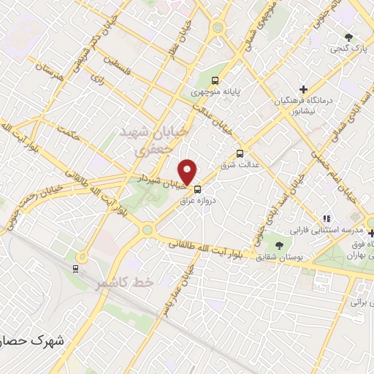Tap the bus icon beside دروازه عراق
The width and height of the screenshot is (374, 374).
(197, 188)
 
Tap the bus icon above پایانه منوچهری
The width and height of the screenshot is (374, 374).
(214, 80)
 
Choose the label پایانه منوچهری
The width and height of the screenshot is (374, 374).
(215, 92)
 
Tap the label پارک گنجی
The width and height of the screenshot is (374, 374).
(349, 48)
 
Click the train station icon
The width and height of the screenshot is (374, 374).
(76, 268)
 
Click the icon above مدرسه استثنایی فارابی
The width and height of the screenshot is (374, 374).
(328, 218)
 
